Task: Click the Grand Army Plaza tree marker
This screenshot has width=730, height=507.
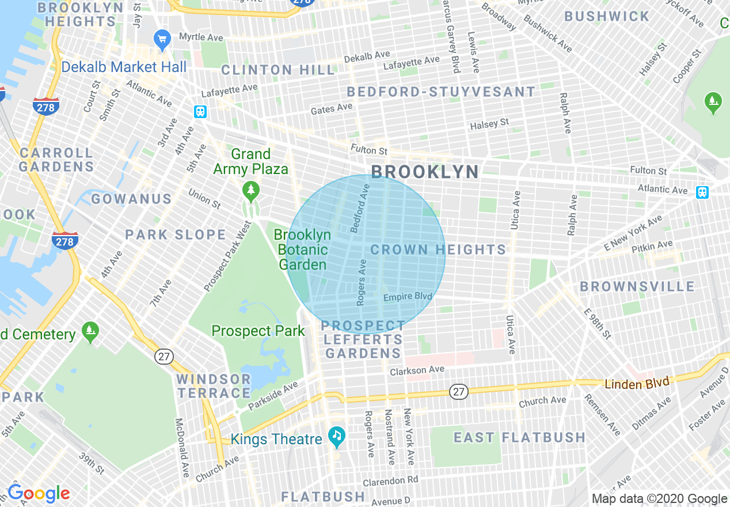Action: point(250,189)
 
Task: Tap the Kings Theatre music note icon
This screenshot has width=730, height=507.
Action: point(337,436)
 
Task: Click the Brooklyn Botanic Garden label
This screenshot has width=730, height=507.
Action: point(303,250)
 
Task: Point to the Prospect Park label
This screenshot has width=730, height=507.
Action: point(258,331)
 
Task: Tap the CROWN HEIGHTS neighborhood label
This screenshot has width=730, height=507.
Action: point(438,249)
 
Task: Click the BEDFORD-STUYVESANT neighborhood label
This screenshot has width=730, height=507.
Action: point(441,92)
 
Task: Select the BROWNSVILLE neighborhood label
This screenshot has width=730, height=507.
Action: point(637,287)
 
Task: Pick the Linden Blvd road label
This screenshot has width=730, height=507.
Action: point(637,383)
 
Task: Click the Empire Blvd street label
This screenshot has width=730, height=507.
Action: point(408,296)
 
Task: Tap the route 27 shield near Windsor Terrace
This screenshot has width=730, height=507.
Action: point(164,357)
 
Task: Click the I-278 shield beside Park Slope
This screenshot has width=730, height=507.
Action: point(64,241)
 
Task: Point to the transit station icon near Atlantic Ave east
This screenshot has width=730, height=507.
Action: point(702,192)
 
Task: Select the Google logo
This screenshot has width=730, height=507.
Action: point(39,494)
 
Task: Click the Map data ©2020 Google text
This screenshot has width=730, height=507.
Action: point(660,499)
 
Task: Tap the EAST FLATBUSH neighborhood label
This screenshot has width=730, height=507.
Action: point(519,437)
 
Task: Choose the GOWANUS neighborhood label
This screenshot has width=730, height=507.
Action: point(131,199)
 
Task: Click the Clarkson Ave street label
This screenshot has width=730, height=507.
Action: point(417,370)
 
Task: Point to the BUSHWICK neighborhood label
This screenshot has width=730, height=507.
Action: point(607,17)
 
